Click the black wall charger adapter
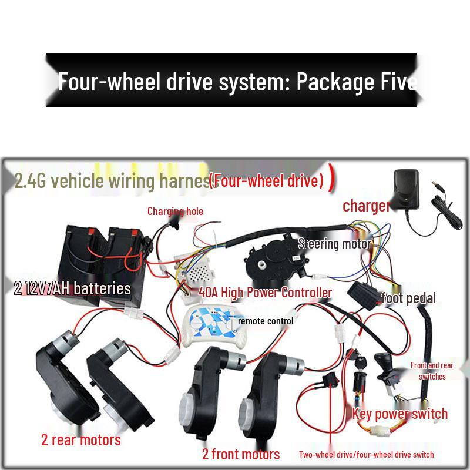point(406,189)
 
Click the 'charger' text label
point(367,206)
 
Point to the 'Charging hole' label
point(175,211)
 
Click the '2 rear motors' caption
point(81,439)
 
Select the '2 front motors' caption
point(241,454)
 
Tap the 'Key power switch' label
point(400,414)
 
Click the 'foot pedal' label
point(408,298)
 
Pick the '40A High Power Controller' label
point(266,293)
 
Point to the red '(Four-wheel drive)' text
point(267,180)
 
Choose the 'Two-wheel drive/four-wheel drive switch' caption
point(366,454)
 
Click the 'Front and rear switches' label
point(432,371)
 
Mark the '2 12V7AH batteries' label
point(72,288)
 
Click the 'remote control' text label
point(266,321)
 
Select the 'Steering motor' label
point(335,244)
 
